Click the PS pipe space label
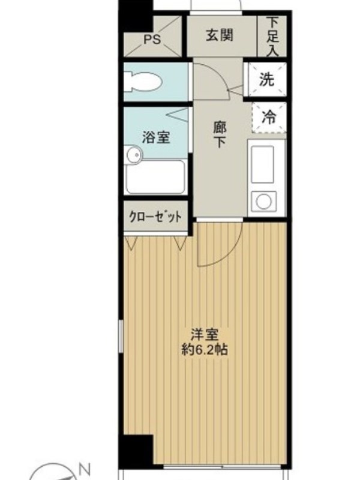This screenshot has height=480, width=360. [x=152, y=39]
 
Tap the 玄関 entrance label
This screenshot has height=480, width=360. [x=219, y=35]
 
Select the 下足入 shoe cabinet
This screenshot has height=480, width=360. [x=272, y=37]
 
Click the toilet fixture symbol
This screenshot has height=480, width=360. [x=143, y=82]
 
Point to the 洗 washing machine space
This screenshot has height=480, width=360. [x=266, y=80]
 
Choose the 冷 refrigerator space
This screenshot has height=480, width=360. [x=269, y=117]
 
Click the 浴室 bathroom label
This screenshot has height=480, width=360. [x=156, y=137]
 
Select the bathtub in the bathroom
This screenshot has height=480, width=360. [x=156, y=177]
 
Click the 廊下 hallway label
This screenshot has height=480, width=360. [x=219, y=134]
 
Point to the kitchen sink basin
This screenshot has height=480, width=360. [x=262, y=164]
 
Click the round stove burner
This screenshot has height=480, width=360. [x=263, y=201]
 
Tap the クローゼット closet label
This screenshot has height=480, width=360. [x=155, y=217]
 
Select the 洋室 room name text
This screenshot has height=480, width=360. [x=205, y=335]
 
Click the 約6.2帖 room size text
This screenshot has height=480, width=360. [x=205, y=349]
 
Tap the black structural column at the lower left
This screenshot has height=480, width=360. [x=136, y=449]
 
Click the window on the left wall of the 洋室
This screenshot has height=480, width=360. [x=121, y=336]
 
